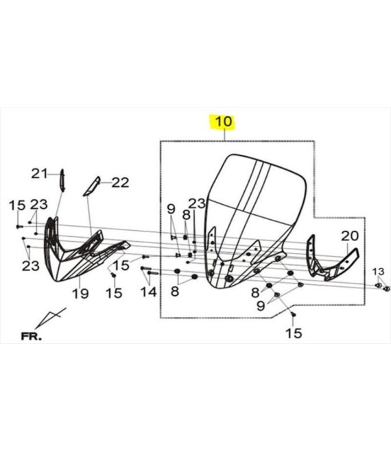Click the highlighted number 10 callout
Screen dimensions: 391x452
(x=224, y=122)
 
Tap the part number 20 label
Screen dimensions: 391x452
(x=350, y=236)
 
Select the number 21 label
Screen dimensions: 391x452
(x=39, y=174)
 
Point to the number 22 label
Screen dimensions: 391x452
(x=120, y=182)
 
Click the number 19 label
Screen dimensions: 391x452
(x=80, y=294)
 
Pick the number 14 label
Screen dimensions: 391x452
(x=148, y=292)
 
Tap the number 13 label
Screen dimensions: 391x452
(x=378, y=272)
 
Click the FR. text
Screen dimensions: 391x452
(x=31, y=336)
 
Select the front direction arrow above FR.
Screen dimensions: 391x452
(x=49, y=317)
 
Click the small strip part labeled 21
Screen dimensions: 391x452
(x=62, y=180)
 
